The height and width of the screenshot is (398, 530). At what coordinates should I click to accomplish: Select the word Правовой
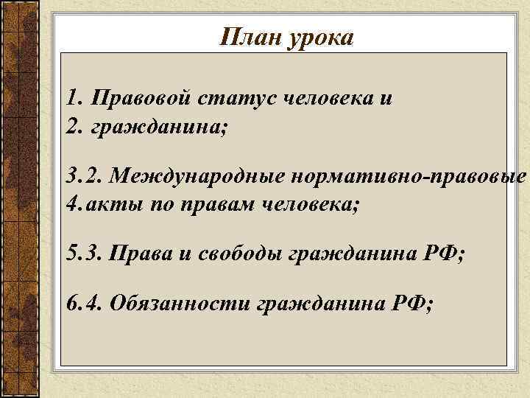[140, 98]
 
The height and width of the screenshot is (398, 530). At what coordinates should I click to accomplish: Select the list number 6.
[71, 304]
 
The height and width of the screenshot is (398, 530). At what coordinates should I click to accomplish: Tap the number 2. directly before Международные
[93, 177]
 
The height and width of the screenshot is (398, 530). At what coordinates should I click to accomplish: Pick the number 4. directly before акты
[72, 203]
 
